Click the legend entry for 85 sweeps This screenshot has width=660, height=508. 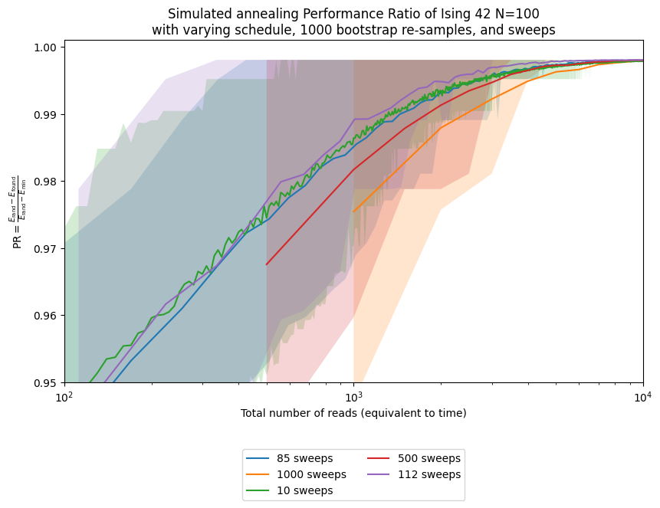(304, 458)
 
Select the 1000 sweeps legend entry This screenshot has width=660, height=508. (310, 474)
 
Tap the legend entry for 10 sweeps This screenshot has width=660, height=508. (304, 490)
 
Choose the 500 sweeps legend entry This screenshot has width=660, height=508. (429, 458)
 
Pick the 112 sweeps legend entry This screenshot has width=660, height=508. (429, 474)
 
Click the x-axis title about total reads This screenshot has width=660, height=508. (353, 413)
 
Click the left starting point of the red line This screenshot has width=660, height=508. (267, 264)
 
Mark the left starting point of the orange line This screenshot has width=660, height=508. (353, 211)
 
